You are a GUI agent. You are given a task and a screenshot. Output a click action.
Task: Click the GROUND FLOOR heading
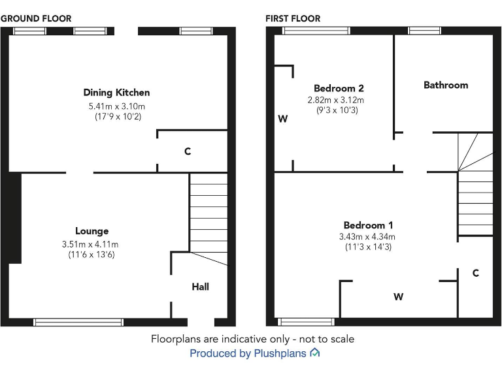tap(36, 18)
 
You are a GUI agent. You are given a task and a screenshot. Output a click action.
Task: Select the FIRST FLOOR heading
tap(293, 18)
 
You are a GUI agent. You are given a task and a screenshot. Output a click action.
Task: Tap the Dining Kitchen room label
tap(116, 93)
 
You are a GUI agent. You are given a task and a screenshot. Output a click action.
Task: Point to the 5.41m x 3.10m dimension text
tap(117, 106)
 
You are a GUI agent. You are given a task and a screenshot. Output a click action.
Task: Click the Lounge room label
tap(92, 231)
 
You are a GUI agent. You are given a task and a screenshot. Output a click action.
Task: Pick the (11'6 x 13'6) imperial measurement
tap(92, 255)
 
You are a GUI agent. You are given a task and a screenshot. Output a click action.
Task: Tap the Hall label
tap(201, 287)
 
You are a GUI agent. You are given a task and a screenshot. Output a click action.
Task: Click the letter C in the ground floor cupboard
tap(188, 151)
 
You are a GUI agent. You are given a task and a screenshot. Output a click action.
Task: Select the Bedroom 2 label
tap(339, 88)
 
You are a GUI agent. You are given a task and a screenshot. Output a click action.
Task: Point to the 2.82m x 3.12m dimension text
tap(336, 100)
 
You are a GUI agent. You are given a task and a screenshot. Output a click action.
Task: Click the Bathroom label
tap(446, 85)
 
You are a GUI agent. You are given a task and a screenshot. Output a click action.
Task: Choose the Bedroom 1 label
tap(368, 225)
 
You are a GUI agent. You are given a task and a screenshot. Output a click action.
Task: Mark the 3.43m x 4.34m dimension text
tap(367, 236)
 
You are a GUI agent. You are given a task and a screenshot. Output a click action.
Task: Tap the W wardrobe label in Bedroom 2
tap(282, 119)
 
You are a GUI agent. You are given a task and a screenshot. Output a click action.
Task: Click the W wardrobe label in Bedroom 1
tap(398, 297)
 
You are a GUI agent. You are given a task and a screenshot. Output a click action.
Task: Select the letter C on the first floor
tap(476, 273)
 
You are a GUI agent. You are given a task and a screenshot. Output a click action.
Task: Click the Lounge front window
tap(78, 322)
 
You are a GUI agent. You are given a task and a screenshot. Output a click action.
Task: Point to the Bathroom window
tap(424, 31)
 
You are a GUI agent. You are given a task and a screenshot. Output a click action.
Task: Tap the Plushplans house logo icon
tap(315, 352)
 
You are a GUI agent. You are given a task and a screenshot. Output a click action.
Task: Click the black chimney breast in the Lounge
tap(15, 218)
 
